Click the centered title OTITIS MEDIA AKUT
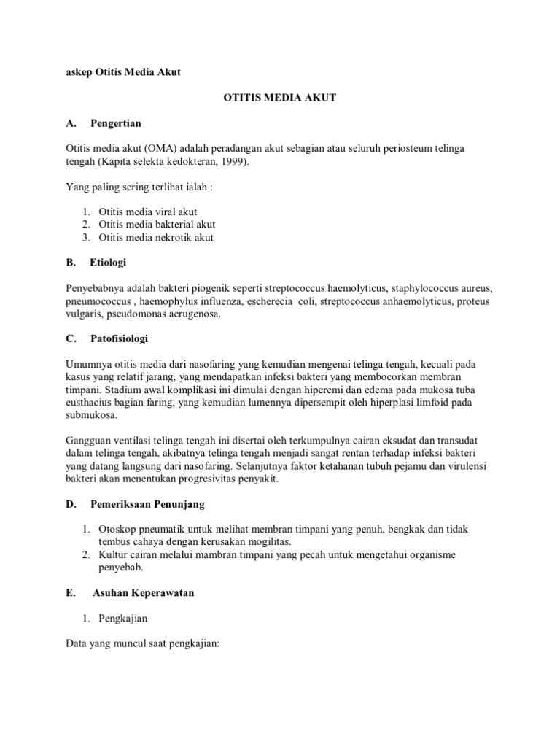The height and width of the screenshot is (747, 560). pos(279,98)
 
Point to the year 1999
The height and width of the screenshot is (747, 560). pos(232,161)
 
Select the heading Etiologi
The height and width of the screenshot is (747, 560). pos(109,263)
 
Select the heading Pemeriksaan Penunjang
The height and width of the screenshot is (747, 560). pos(148,504)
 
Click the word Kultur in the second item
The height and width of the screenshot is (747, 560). pos(114,555)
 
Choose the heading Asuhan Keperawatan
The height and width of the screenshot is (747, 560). pos(144,593)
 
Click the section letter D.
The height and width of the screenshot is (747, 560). pos(70,504)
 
